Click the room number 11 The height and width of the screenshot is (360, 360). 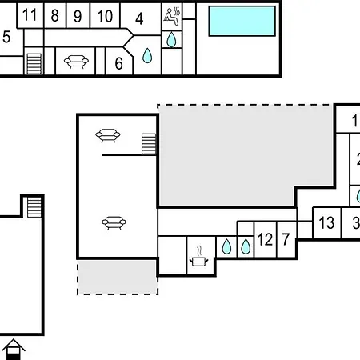pyautogui.click(x=30, y=15)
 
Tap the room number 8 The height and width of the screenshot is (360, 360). pyautogui.click(x=54, y=15)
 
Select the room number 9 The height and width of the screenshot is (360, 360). pyautogui.click(x=78, y=16)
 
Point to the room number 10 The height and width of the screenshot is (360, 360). pyautogui.click(x=105, y=16)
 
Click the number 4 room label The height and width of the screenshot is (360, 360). pyautogui.click(x=139, y=19)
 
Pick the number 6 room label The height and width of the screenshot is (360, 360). pyautogui.click(x=118, y=63)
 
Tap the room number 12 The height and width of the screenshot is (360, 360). pyautogui.click(x=265, y=239)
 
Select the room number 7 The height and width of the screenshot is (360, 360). pyautogui.click(x=286, y=239)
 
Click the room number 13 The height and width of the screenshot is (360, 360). pyautogui.click(x=326, y=222)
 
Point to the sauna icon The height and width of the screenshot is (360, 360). pyautogui.click(x=172, y=16)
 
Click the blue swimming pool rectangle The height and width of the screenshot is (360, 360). pyautogui.click(x=242, y=21)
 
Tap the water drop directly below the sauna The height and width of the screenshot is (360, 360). pyautogui.click(x=171, y=39)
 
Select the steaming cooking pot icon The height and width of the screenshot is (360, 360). pyautogui.click(x=198, y=257)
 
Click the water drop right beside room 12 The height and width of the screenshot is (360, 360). pyautogui.click(x=246, y=246)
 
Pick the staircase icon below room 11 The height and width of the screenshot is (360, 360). pyautogui.click(x=34, y=64)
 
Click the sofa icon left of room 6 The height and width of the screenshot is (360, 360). pyautogui.click(x=76, y=62)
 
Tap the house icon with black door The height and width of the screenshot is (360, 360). pyautogui.click(x=13, y=350)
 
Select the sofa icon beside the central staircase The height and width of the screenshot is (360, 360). pyautogui.click(x=108, y=135)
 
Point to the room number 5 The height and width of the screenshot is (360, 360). pyautogui.click(x=6, y=37)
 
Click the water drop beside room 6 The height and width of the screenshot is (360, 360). pyautogui.click(x=147, y=56)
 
